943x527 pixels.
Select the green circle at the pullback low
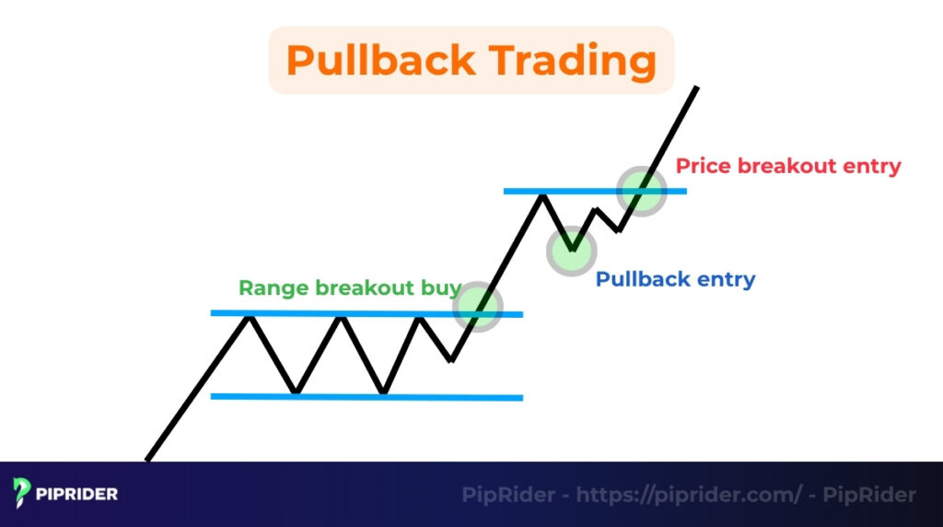(571, 250)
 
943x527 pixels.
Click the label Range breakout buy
(349, 287)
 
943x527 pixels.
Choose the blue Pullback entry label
(675, 278)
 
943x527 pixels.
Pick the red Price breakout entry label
(788, 167)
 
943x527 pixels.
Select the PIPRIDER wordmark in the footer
(77, 495)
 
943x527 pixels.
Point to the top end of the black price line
(696, 88)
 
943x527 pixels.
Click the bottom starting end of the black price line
(148, 458)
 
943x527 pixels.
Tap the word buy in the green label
(441, 287)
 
